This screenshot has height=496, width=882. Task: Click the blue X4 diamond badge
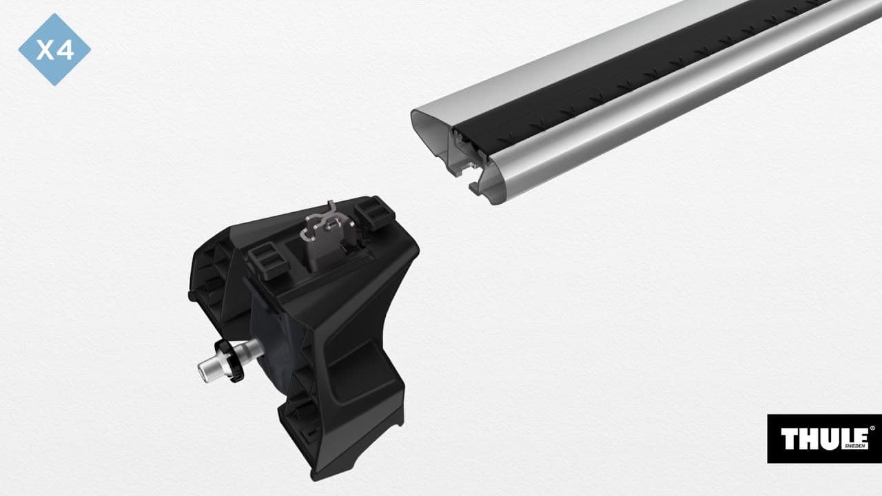[54, 50]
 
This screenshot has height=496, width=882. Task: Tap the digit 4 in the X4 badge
[65, 50]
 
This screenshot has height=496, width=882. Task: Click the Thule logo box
[824, 439]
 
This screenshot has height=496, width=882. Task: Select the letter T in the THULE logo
[789, 438]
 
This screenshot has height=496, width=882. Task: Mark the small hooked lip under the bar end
[474, 186]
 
